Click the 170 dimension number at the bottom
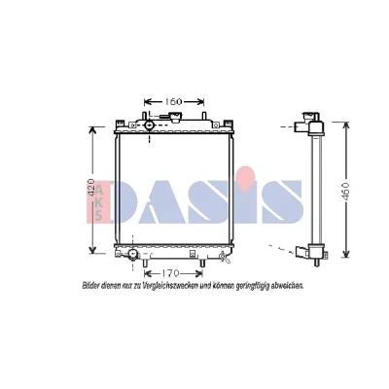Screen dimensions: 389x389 click(x=169, y=273)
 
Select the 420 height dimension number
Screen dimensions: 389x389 click(x=91, y=188)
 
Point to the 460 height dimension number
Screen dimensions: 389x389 click(x=345, y=192)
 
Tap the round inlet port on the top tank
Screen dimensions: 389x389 click(x=149, y=124)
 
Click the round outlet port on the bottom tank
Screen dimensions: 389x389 click(x=132, y=254)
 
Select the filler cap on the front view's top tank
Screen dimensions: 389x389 click(x=175, y=117)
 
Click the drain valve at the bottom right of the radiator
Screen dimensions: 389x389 click(x=224, y=257)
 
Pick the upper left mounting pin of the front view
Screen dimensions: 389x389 click(x=144, y=116)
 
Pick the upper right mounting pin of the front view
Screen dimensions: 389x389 click(x=204, y=116)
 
